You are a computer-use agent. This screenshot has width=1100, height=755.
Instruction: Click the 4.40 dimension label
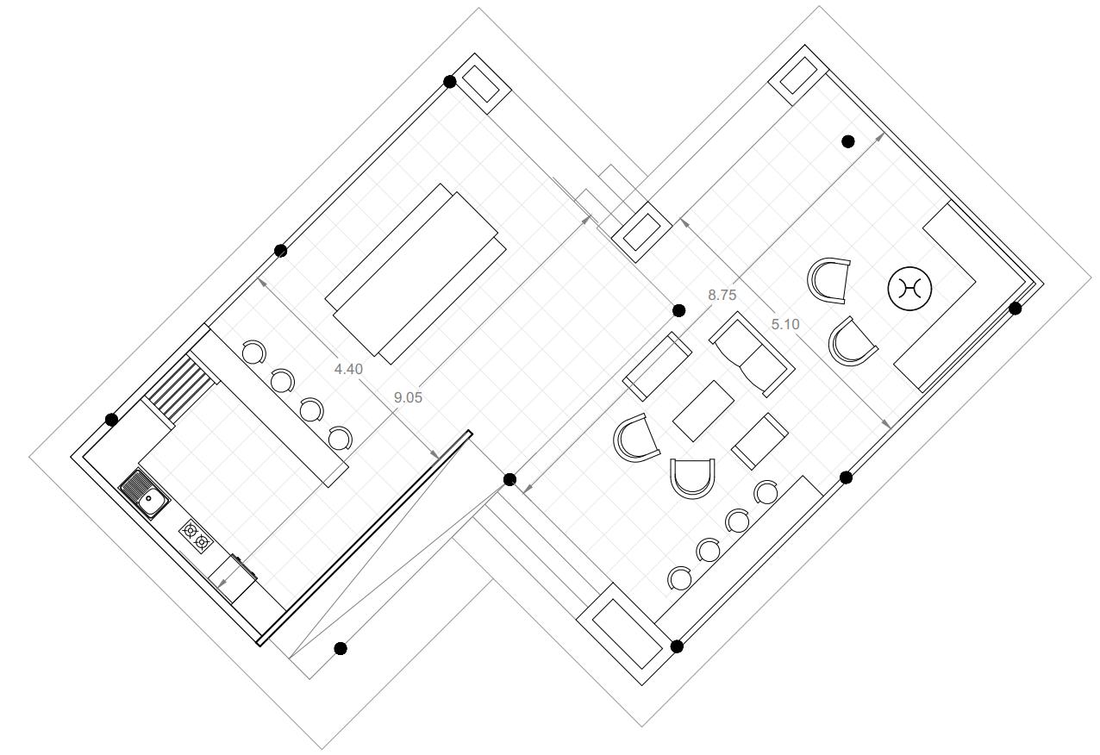pyautogui.click(x=348, y=369)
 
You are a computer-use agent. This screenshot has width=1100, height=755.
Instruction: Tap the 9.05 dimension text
pyautogui.click(x=408, y=397)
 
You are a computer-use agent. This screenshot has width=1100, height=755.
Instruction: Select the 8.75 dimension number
pyautogui.click(x=722, y=295)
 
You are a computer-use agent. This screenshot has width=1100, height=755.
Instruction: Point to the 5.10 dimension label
pyautogui.click(x=785, y=324)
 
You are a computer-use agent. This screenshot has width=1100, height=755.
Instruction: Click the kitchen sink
pyautogui.click(x=144, y=494)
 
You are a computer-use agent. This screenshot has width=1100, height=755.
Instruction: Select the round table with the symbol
pyautogui.click(x=910, y=289)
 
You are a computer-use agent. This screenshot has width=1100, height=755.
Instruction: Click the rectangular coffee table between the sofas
pyautogui.click(x=703, y=411)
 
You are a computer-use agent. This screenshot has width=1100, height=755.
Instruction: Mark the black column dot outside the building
pyautogui.click(x=341, y=648)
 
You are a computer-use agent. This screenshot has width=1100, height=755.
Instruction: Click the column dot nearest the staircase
pyautogui.click(x=111, y=420)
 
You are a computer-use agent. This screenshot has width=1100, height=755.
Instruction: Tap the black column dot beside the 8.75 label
pyautogui.click(x=678, y=310)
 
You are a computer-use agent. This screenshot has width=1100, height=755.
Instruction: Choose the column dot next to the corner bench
pyautogui.click(x=1016, y=308)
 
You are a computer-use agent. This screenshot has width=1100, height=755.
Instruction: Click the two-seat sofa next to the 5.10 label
pyautogui.click(x=752, y=353)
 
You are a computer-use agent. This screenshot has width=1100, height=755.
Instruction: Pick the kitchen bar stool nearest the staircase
pyautogui.click(x=253, y=353)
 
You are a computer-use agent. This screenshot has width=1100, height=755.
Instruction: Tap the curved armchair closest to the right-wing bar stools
pyautogui.click(x=693, y=477)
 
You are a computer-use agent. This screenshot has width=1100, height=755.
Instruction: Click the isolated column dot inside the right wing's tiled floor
pyautogui.click(x=847, y=141)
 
